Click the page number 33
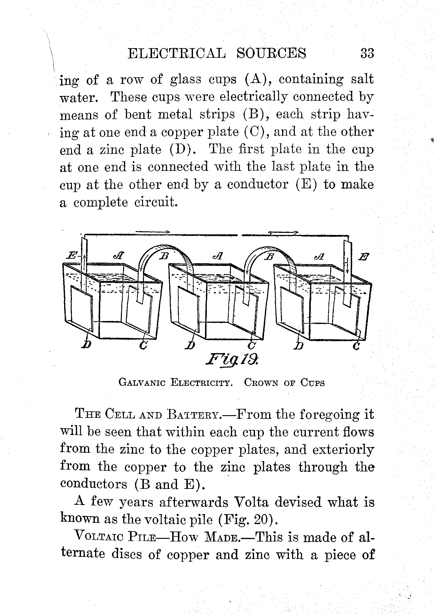tap(367, 54)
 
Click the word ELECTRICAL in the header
tap(176, 54)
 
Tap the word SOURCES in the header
tap(271, 54)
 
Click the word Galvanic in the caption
tap(141, 383)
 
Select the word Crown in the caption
tap(261, 383)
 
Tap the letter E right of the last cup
tap(364, 257)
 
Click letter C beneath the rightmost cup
tap(356, 346)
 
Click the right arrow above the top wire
tap(283, 232)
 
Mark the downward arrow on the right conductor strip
tap(347, 266)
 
